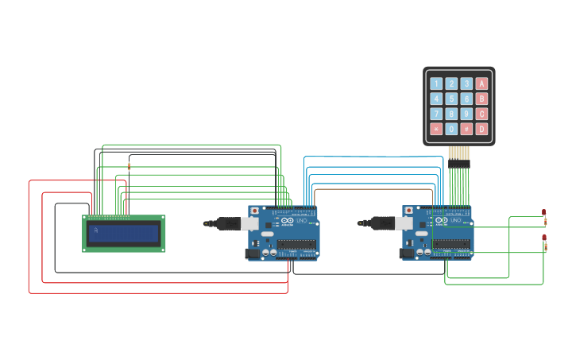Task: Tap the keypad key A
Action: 481,83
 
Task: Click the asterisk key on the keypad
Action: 436,129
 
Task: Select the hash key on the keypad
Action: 466,129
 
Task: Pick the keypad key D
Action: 481,129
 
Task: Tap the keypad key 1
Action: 436,83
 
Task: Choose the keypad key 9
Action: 466,114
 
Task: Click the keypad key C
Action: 481,114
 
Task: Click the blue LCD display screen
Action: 124,233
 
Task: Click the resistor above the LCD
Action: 129,166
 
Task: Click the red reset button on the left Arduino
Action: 254,211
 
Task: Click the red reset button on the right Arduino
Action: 409,211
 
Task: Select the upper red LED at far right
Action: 544,212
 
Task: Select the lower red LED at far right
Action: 544,237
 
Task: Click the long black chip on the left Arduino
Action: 296,244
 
